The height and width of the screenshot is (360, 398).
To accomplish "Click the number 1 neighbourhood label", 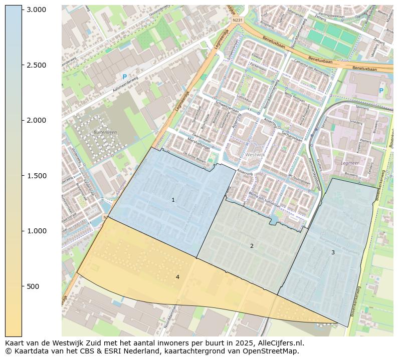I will click(173, 200).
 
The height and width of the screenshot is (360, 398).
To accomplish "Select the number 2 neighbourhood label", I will click(252, 246).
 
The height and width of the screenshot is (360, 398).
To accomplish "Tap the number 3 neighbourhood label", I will click(332, 252).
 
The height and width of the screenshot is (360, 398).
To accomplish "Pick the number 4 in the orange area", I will click(177, 277).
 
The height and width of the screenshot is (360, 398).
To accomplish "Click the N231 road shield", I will click(237, 20).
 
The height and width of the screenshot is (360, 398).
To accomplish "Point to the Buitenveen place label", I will click(104, 132).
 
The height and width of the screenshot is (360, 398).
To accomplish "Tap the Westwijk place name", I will click(255, 155).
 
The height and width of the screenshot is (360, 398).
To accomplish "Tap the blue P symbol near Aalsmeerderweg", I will click(124, 77).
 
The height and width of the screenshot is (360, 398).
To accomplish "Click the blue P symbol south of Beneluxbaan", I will click(381, 91).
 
